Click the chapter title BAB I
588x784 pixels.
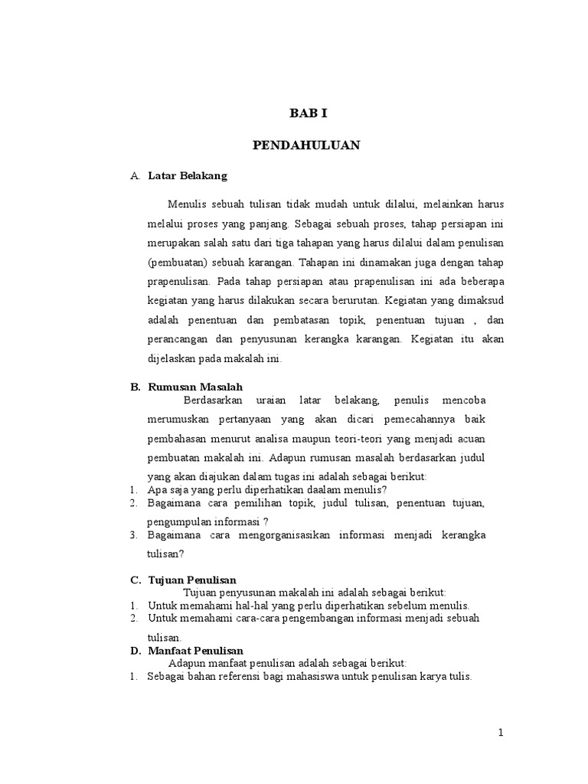click(x=308, y=113)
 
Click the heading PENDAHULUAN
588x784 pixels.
click(x=307, y=145)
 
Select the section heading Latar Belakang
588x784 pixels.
click(x=188, y=176)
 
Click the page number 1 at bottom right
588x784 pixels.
click(x=501, y=733)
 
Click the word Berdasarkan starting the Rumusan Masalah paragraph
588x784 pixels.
click(x=214, y=400)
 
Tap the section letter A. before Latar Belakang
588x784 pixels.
click(x=135, y=176)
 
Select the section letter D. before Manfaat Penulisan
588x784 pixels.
click(x=136, y=651)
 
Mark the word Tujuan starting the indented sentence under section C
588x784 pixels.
click(x=201, y=592)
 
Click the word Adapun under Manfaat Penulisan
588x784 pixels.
click(x=187, y=663)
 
